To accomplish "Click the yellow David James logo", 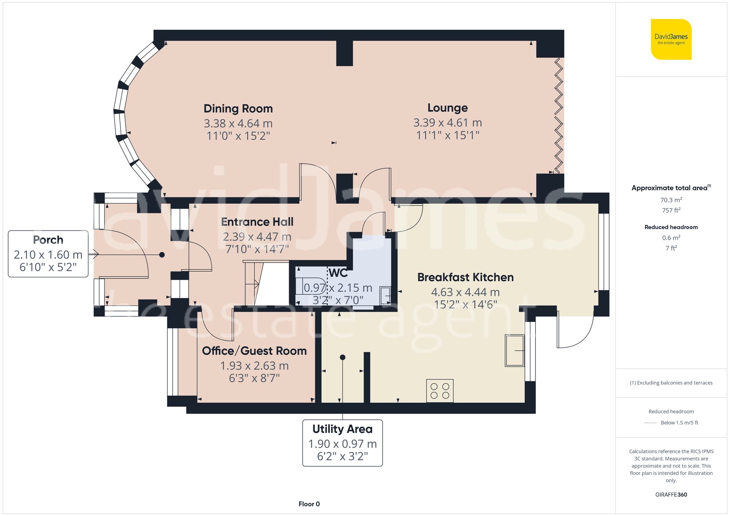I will [x=671, y=39].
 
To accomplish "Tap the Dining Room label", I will [x=238, y=109].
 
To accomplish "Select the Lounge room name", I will [x=447, y=108].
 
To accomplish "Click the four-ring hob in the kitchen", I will [x=440, y=391].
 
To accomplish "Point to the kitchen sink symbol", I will [x=514, y=350].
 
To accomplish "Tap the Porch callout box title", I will [x=48, y=240].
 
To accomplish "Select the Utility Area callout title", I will [x=342, y=429].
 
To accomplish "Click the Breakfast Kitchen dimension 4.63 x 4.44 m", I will [x=465, y=292].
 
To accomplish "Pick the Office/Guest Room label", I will [x=254, y=351].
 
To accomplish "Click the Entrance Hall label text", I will [x=257, y=222].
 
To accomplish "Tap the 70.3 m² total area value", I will [x=671, y=200].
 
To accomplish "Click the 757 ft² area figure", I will [x=671, y=210].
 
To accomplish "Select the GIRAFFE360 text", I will [x=671, y=495].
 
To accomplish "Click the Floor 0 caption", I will [x=309, y=504].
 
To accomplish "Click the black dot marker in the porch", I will [x=162, y=255].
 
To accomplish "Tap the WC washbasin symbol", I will [x=385, y=295].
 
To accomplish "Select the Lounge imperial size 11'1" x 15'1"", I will [x=447, y=135].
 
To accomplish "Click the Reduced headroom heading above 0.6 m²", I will [x=671, y=227].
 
